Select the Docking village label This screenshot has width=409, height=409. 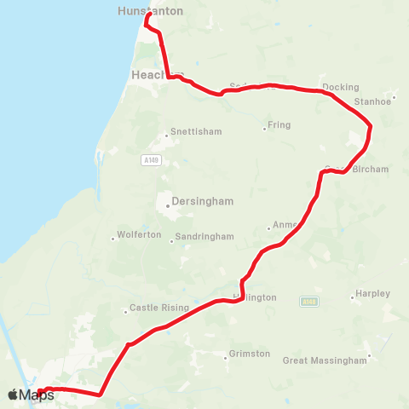coord(342,87)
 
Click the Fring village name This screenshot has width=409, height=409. coord(279,125)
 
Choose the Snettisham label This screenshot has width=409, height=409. coord(196,132)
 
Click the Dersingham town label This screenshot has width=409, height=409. coord(203,203)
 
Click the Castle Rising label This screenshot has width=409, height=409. coord(156,308)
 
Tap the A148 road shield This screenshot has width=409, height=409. coord(308,301)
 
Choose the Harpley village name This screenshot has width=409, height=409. coord(373,294)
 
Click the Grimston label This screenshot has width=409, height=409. coord(250,354)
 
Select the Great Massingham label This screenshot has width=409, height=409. coord(325,360)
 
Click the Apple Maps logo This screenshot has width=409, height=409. coord(31,395)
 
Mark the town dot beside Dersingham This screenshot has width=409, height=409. coord(166,204)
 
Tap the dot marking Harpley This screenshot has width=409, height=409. coord(352,298)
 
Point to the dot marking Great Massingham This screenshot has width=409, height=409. coord(369,356)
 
